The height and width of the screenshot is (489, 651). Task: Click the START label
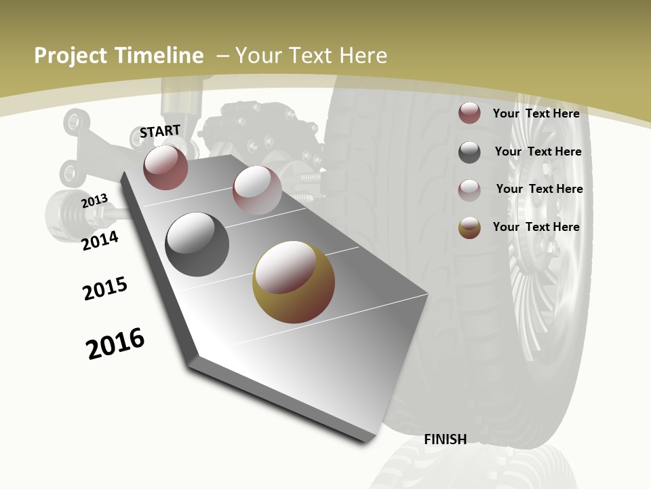[160, 131]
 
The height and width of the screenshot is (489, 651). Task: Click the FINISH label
[445, 439]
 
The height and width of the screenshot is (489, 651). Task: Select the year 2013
[94, 201]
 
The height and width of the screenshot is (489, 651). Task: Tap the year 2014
[100, 240]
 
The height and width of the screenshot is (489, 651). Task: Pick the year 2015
[105, 289]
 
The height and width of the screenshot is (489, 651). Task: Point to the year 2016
[115, 343]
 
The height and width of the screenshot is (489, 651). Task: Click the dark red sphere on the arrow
[165, 167]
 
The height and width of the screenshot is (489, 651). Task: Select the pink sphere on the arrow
[257, 190]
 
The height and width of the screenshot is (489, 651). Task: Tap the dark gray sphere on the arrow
[197, 244]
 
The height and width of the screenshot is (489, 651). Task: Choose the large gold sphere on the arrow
[294, 282]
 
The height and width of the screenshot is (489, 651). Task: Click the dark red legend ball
[469, 113]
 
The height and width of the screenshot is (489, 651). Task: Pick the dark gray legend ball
[469, 152]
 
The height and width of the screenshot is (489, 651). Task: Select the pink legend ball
[469, 189]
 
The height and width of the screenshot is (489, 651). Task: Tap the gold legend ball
[469, 228]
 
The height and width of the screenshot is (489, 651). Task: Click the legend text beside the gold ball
[536, 227]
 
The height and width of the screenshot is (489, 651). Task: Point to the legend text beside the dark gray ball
[538, 151]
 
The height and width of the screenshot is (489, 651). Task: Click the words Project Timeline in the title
[119, 56]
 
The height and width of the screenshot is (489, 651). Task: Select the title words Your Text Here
[311, 56]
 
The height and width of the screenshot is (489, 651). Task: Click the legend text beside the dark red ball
[536, 113]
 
